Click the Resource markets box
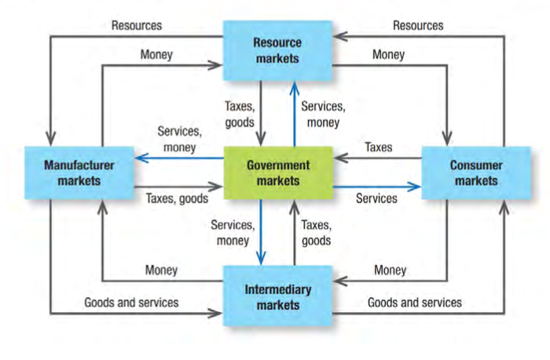[277, 50]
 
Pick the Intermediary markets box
[277, 296]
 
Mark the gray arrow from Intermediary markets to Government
[295, 232]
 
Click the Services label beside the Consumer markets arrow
[376, 199]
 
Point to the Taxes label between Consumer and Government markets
[378, 146]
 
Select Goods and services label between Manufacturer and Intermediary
[131, 302]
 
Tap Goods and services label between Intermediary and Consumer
[415, 302]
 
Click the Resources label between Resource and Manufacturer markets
[137, 25]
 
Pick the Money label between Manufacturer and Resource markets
[157, 55]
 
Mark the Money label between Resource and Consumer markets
[389, 55]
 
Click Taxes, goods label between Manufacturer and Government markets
[176, 199]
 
